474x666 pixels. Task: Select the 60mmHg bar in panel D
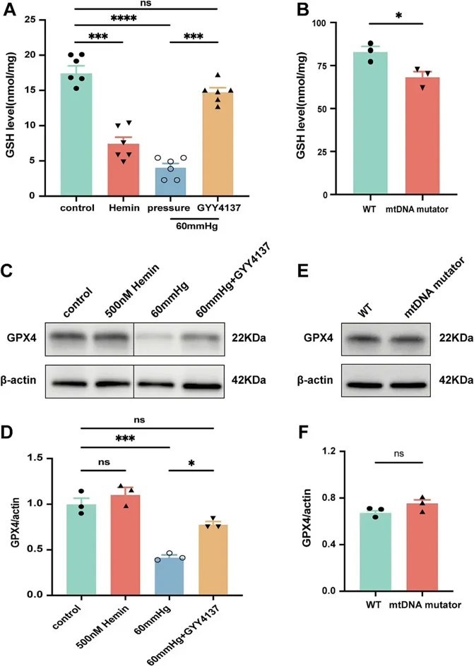tap(168, 576)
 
